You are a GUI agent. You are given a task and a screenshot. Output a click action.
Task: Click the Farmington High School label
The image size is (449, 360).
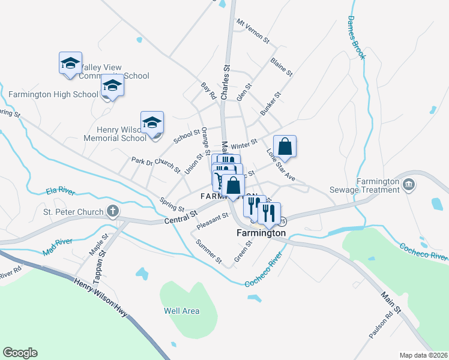point(53,94)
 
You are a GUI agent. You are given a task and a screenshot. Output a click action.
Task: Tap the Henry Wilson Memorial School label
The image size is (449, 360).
point(121,133)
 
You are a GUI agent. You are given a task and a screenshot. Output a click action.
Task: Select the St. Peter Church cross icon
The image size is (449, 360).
point(112,211)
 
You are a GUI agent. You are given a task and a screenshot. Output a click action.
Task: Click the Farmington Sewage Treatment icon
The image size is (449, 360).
point(409,183)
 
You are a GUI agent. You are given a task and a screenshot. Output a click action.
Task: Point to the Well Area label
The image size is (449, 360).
point(181,311)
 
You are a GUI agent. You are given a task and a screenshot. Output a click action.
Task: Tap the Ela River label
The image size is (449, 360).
point(59,192)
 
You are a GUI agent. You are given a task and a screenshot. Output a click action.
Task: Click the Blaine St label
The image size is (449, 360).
point(281,67)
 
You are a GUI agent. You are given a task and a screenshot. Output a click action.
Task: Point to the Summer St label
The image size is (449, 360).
point(209,252)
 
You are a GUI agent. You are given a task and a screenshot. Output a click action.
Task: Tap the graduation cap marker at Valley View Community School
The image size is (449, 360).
point(70,62)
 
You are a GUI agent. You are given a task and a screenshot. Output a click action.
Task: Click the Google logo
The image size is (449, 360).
point(20,353)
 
